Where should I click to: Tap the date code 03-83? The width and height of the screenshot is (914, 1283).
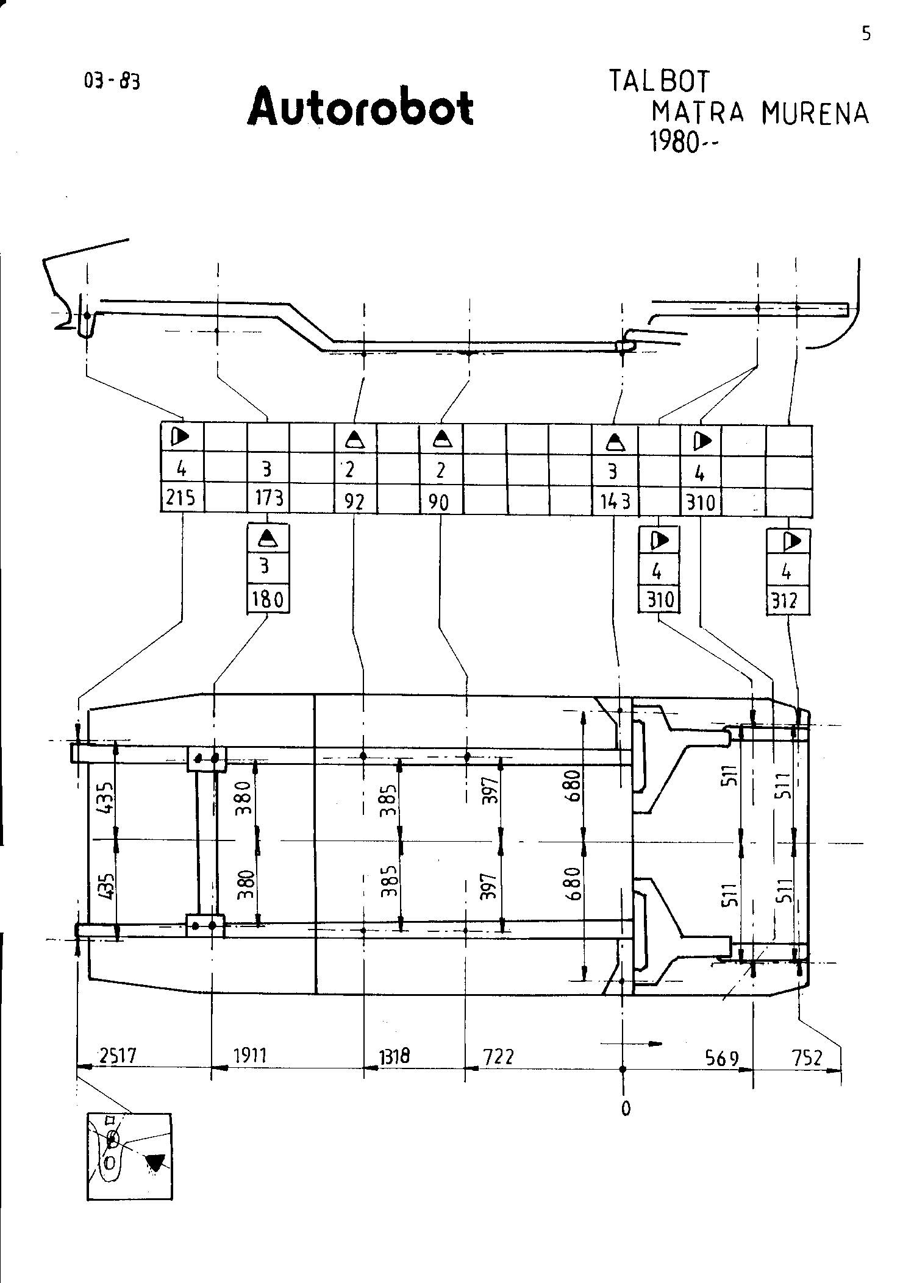pos(112,81)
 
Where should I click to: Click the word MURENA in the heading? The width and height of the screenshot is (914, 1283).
pos(815,113)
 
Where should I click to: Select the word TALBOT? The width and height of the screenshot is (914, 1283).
pos(660,81)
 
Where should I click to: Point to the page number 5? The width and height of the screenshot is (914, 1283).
pos(866,34)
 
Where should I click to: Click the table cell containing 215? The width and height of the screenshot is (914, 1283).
pos(182,499)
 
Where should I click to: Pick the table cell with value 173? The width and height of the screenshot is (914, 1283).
pos(269,499)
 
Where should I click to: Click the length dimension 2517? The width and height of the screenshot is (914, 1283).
pos(118,1054)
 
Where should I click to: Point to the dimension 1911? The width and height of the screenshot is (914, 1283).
pos(251,1054)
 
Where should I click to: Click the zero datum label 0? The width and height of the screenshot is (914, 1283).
pos(626,1109)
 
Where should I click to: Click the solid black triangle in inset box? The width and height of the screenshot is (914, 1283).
pos(155,1164)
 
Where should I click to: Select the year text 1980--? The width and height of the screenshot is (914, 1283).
pos(684,143)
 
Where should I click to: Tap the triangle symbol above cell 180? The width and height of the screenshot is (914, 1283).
pos(268,538)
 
